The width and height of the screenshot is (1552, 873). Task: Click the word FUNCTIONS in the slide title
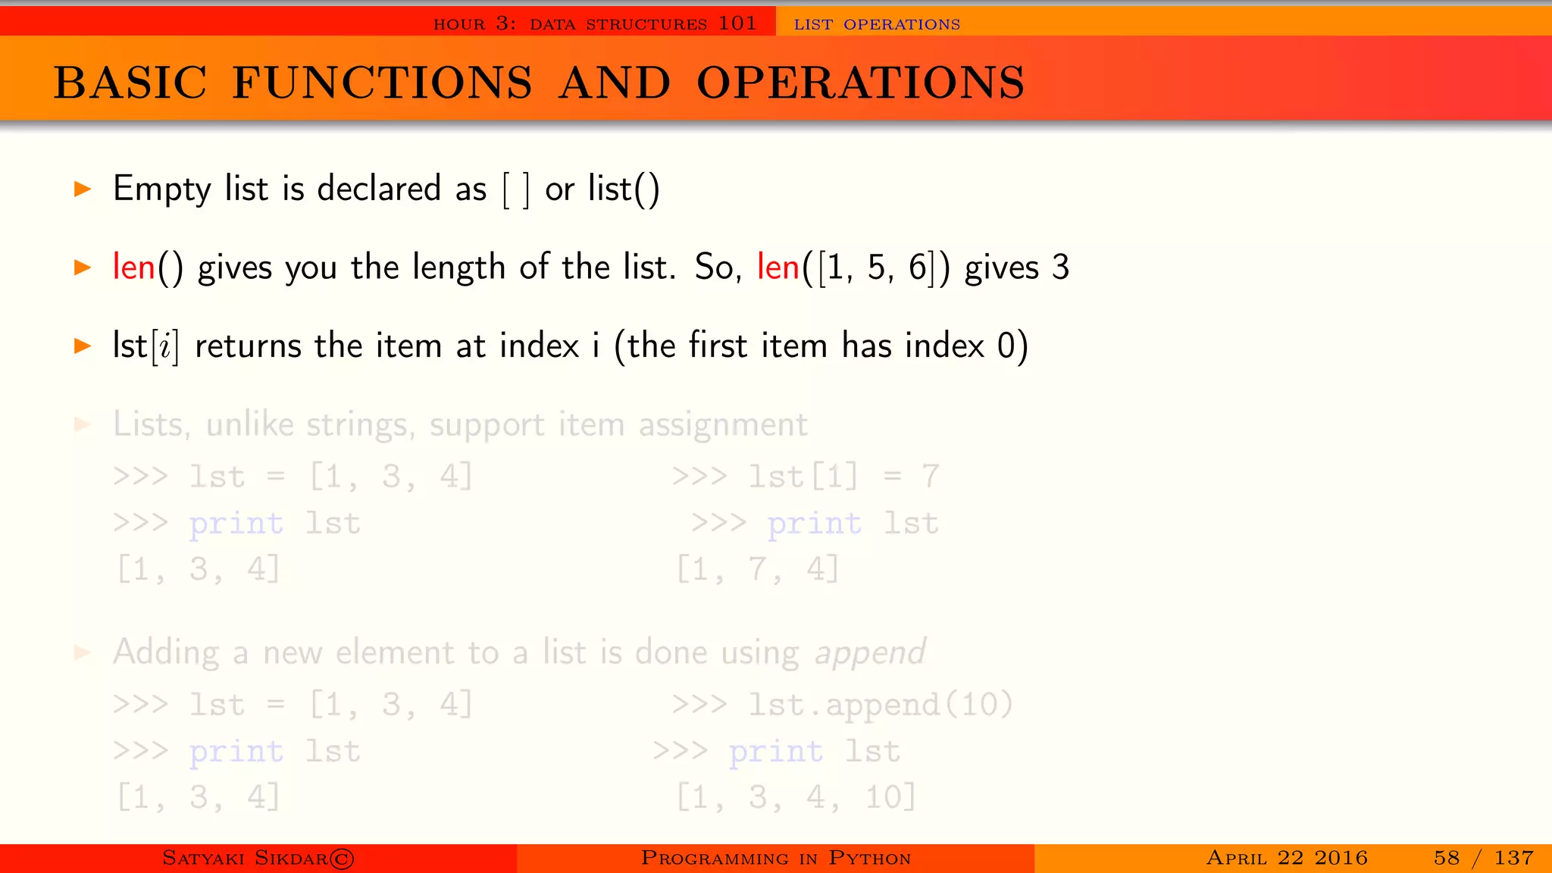pos(382,83)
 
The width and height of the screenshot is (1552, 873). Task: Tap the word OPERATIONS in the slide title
pos(860,83)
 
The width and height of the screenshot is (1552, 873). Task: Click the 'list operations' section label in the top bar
pos(877,24)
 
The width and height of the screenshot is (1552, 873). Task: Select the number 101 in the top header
pos(737,23)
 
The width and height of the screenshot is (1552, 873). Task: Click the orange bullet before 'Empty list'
pos(83,189)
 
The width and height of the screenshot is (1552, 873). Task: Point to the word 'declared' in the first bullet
pos(379,188)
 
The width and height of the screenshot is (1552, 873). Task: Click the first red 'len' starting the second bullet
pos(133,267)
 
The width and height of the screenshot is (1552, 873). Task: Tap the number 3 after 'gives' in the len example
pos(1060,268)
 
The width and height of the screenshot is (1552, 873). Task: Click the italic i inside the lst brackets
pos(164,347)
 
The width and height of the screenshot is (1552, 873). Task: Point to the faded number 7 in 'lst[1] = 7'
pos(930,477)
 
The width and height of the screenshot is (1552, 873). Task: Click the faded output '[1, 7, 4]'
pos(758,569)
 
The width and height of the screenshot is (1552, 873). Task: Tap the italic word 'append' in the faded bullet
pos(870,653)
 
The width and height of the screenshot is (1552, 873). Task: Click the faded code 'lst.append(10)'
pos(881,705)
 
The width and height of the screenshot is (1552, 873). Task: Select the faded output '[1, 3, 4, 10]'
pos(796,797)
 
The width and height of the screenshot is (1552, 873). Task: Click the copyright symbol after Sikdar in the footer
pos(342,859)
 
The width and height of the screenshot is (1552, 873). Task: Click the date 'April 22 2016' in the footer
pos(1287,858)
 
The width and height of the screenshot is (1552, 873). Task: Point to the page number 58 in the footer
pos(1446,858)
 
